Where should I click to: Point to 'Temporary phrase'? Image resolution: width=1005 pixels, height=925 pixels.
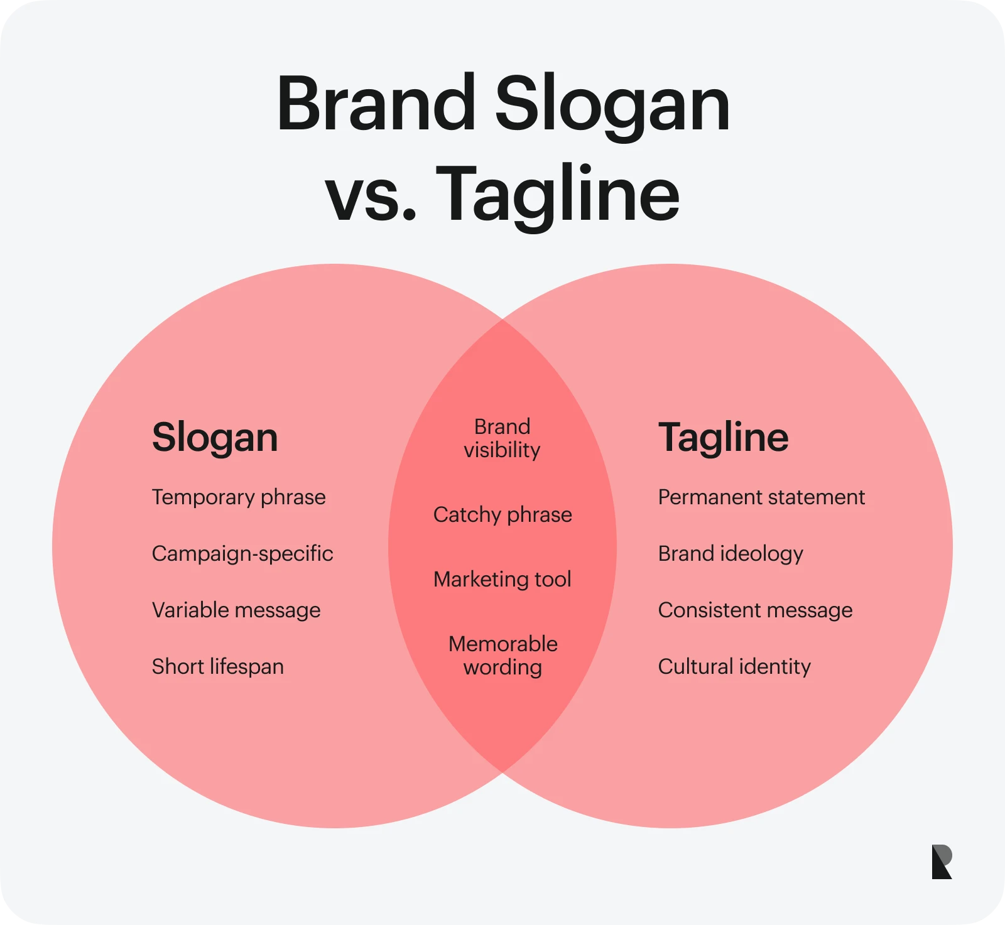[239, 498]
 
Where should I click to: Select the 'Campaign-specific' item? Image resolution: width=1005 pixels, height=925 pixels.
[242, 554]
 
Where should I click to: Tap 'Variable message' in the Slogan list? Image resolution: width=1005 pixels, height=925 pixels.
[236, 611]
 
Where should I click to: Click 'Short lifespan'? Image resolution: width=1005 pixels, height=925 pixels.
[218, 667]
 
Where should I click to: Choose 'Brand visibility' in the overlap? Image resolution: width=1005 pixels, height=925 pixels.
[502, 438]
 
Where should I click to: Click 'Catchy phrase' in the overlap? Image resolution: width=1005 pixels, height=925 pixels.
[503, 516]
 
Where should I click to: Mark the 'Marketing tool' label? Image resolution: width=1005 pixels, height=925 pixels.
[503, 579]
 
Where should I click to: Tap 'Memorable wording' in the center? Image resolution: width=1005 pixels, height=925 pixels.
[503, 656]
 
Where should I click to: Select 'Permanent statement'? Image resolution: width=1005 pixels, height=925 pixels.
[761, 497]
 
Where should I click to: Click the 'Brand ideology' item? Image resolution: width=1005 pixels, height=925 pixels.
[731, 554]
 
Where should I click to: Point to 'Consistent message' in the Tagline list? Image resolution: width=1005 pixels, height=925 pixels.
[756, 611]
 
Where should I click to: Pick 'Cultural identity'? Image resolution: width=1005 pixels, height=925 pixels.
[734, 667]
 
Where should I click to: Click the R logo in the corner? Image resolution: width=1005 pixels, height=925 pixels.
[942, 862]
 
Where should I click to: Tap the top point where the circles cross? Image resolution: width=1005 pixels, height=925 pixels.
[503, 320]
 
